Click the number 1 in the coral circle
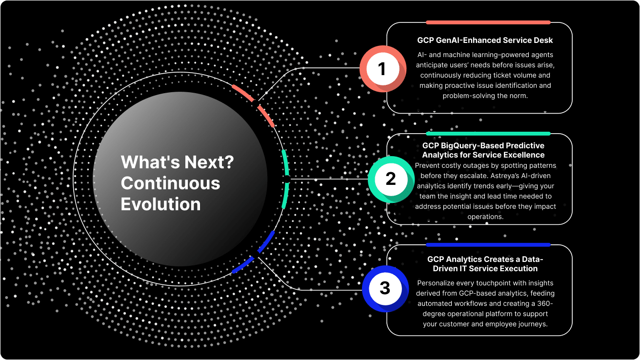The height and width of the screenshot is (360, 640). [382, 69]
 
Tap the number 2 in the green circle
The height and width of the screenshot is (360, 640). [391, 179]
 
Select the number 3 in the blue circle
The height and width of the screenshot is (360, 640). [385, 288]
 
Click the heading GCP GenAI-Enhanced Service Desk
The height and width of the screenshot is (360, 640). [485, 40]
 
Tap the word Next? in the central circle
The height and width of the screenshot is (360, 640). [209, 162]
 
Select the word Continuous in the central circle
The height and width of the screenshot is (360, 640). [171, 183]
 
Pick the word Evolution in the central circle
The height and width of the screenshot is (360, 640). [160, 204]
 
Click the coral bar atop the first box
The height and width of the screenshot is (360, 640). [488, 22]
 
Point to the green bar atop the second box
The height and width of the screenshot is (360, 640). [488, 134]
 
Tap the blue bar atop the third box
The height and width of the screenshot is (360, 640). [488, 244]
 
